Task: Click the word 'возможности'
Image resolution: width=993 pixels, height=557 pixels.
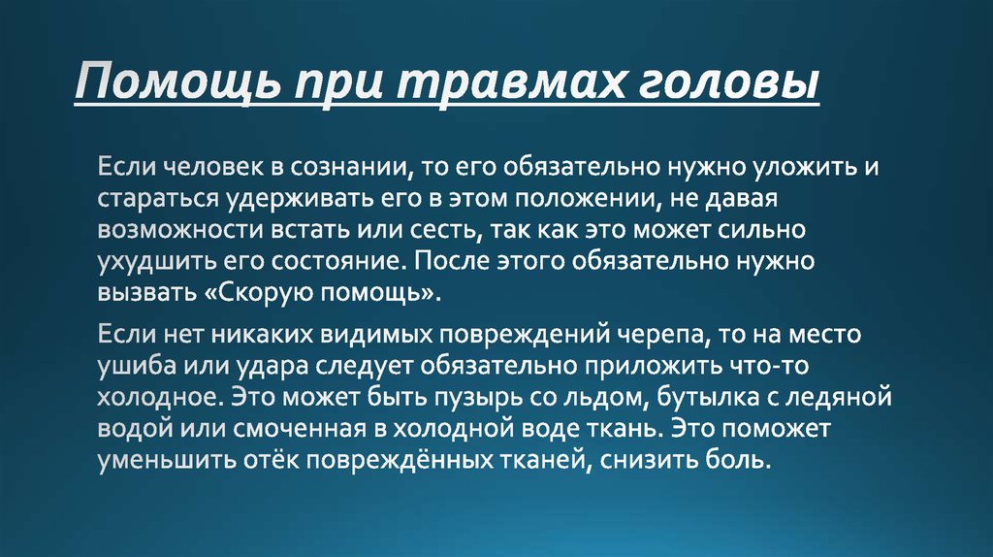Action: click(x=171, y=231)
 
